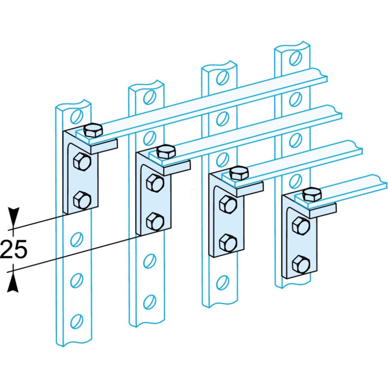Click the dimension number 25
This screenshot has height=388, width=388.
click(x=13, y=249)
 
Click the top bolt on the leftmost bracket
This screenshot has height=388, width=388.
click(x=93, y=130)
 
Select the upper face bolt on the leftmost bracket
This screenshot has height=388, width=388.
click(x=82, y=161)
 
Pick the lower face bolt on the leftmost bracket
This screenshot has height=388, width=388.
click(x=82, y=200)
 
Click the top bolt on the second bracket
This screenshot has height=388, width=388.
click(x=166, y=151)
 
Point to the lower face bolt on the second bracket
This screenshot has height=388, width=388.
click(x=155, y=221)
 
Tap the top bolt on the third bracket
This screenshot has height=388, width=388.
click(x=239, y=173)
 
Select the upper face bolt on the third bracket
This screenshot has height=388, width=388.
click(x=228, y=204)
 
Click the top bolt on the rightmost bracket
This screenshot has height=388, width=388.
click(x=312, y=194)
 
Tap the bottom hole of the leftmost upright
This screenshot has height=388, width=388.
click(x=76, y=322)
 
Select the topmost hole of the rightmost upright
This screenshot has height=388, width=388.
click(x=295, y=58)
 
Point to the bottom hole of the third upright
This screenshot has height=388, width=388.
click(x=222, y=282)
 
